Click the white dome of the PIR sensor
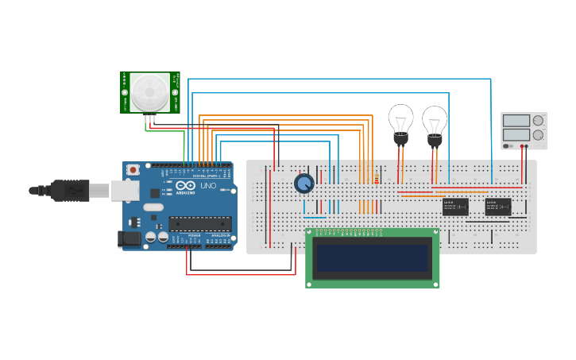point(150,92)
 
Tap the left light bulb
point(400,122)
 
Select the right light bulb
point(435,123)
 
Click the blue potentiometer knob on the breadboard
point(303,184)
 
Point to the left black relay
point(455,207)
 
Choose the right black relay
point(498,207)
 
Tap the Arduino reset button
point(133,169)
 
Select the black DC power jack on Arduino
point(127,238)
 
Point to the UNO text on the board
point(207,185)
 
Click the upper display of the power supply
point(516,121)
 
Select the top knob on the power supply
point(538,121)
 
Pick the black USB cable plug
point(72,190)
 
